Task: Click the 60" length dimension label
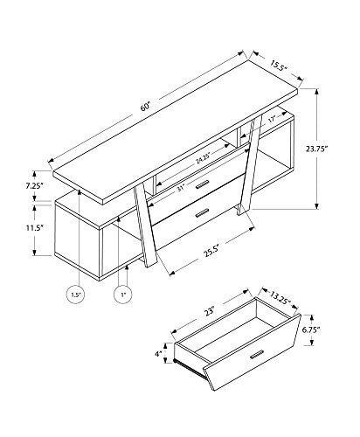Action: click(x=145, y=107)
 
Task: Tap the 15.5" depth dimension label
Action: click(x=279, y=66)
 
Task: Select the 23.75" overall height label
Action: click(x=317, y=149)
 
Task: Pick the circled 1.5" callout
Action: click(x=76, y=295)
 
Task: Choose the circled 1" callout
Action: click(x=123, y=295)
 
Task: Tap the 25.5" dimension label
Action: click(x=211, y=252)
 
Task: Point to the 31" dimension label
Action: click(x=181, y=188)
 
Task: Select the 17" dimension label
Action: click(x=272, y=120)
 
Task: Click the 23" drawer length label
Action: click(x=209, y=311)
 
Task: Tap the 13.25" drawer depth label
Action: click(x=280, y=298)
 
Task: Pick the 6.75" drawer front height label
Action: click(x=311, y=329)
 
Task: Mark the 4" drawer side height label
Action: click(x=158, y=354)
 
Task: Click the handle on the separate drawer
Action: click(x=257, y=354)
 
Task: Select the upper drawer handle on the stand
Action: click(x=202, y=184)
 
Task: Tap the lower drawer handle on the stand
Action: click(x=202, y=213)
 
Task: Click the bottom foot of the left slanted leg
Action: click(x=151, y=264)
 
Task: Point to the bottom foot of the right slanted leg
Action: click(x=243, y=211)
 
